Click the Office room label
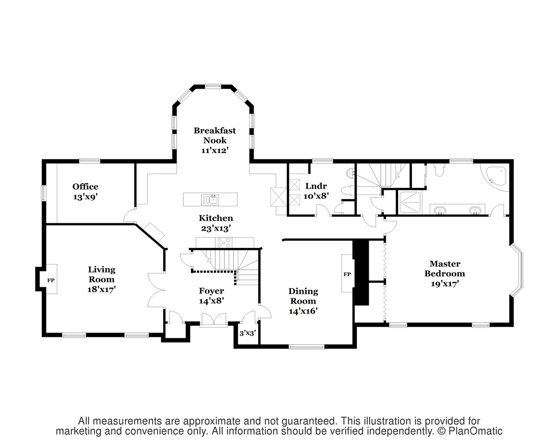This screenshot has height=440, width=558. pyautogui.click(x=85, y=187)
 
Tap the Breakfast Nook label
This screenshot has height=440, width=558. pyautogui.click(x=215, y=135)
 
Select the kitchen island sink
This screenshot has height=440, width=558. pyautogui.click(x=210, y=199)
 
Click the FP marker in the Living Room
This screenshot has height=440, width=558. pyautogui.click(x=51, y=280)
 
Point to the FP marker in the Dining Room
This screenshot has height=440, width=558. pyautogui.click(x=347, y=274)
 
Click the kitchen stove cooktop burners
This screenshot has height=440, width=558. pyautogui.click(x=224, y=243)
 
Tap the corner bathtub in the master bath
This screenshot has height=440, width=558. pyautogui.click(x=496, y=177)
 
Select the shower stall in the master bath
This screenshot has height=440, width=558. pyautogui.click(x=410, y=203)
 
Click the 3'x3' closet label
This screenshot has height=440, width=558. pyautogui.click(x=248, y=333)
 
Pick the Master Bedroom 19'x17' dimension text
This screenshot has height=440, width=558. pyautogui.click(x=445, y=284)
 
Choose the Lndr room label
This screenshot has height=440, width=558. pyautogui.click(x=316, y=186)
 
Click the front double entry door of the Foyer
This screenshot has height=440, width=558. pyautogui.click(x=214, y=319)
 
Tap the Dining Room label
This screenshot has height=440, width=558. pyautogui.click(x=303, y=296)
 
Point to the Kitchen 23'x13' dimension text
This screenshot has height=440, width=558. pyautogui.click(x=216, y=229)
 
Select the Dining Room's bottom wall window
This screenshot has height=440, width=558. pyautogui.click(x=306, y=347)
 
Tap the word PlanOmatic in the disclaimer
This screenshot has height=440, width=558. pyautogui.click(x=476, y=431)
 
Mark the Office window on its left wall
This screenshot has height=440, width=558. pyautogui.click(x=44, y=193)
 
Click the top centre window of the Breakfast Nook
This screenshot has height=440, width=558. pyautogui.click(x=213, y=86)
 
